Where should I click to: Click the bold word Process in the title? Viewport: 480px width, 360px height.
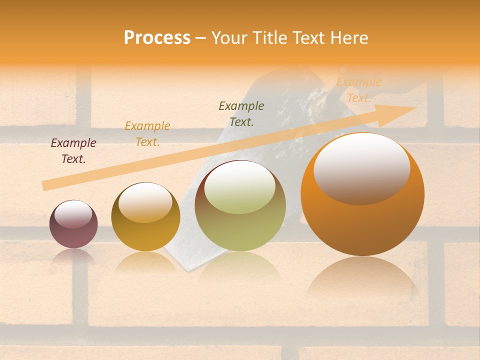[x=157, y=38]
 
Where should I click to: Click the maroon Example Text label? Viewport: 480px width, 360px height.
[x=73, y=151]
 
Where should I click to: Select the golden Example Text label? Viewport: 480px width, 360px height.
[x=147, y=134]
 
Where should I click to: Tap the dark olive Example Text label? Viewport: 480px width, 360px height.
[x=241, y=114]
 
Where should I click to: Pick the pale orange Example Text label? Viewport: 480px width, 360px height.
[x=359, y=90]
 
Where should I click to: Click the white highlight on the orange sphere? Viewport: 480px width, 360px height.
[x=362, y=168]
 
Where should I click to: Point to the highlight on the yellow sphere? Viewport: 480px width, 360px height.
[x=145, y=202]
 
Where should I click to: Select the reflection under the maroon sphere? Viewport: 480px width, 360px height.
[x=73, y=256]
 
